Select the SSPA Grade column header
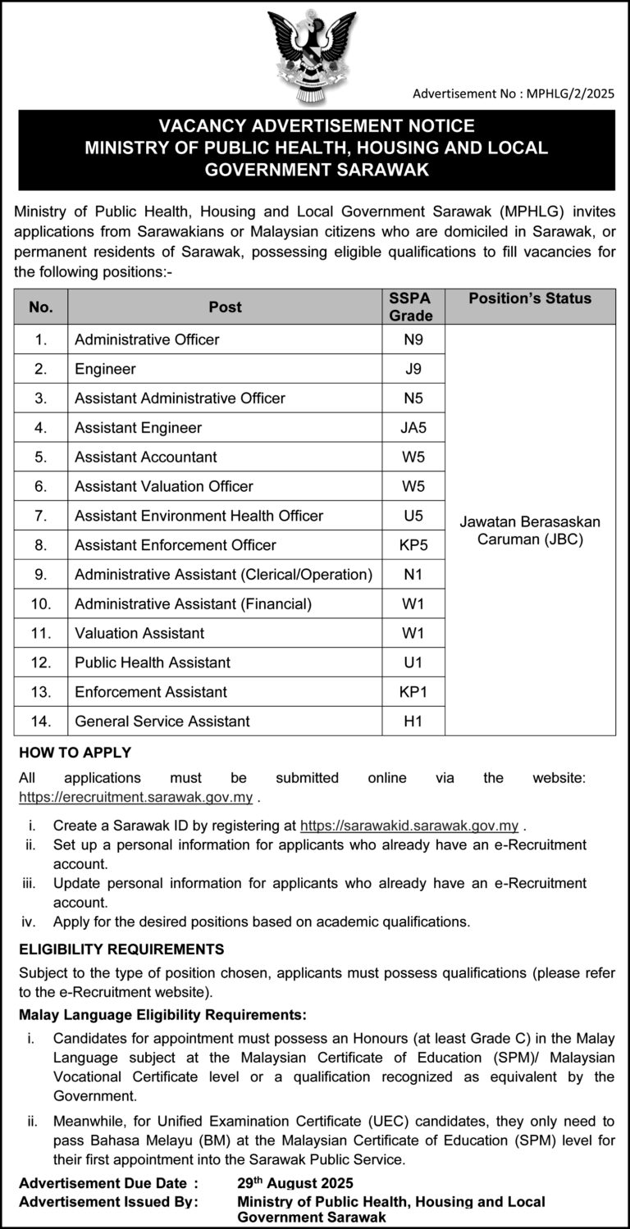pos(410,307)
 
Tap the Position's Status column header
pos(530,298)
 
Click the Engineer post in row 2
pos(105,369)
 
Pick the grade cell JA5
pos(413,427)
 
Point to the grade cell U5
pos(413,516)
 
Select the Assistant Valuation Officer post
pos(163,486)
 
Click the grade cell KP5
pos(413,545)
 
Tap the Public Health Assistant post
pos(153,662)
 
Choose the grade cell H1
pos(413,721)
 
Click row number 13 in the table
pos(41,692)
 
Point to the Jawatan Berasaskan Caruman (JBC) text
pos(530,530)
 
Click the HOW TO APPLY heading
pos(75,753)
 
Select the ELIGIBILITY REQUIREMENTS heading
pos(121,949)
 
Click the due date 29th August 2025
pos(295,1183)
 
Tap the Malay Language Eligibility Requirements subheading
pos(163,1014)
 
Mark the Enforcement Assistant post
pos(151,692)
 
